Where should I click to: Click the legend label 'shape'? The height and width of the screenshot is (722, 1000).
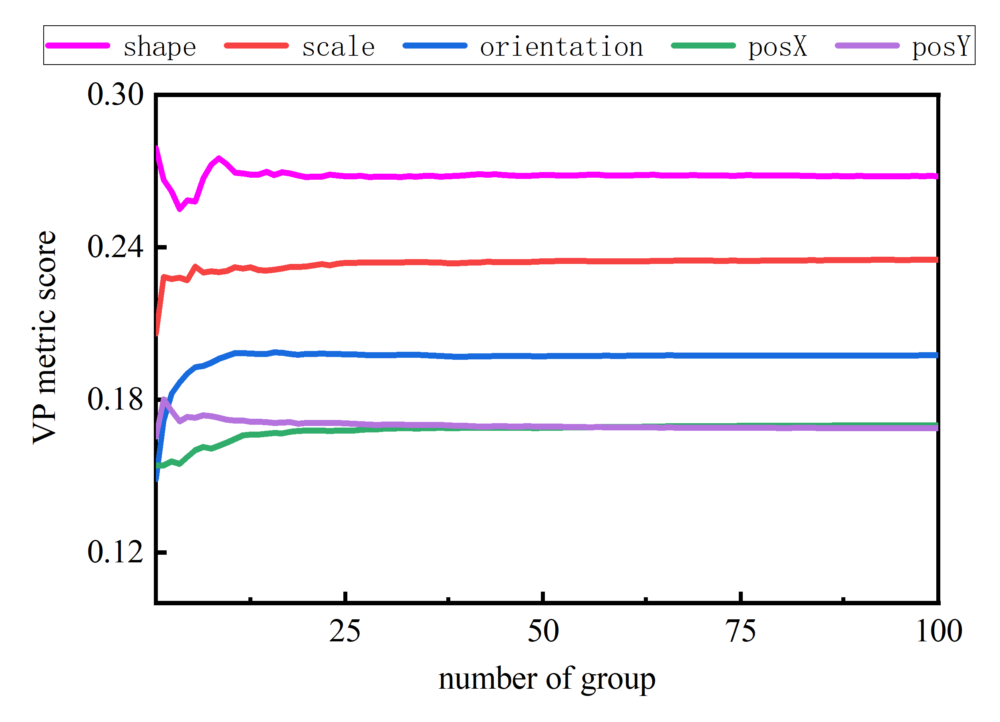coord(159,47)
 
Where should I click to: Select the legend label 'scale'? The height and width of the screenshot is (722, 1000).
coord(338,47)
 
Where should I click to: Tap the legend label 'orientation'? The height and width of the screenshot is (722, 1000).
coord(561,47)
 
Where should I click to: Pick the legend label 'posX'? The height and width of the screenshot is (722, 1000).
coord(777,47)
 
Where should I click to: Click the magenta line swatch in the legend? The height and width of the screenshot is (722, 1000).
coord(78,45)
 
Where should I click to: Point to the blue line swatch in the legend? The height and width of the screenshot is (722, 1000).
coord(435,45)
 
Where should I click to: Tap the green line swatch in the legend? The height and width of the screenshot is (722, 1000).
coord(703,45)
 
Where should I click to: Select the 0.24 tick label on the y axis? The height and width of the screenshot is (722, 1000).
coord(115,247)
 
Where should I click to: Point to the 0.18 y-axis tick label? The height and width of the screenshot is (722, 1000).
coord(115,400)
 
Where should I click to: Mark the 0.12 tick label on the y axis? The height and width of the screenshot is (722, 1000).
coord(115,552)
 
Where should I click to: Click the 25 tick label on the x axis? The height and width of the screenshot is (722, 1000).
coord(345,631)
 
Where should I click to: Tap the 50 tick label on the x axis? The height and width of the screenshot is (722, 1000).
coord(543,631)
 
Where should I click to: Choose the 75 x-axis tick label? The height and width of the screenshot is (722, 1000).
coord(741,631)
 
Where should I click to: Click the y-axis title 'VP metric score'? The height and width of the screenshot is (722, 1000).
coord(44,338)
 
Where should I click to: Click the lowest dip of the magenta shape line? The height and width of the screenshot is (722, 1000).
coord(179,210)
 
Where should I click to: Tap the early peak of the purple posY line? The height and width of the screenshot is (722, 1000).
coord(164,399)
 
